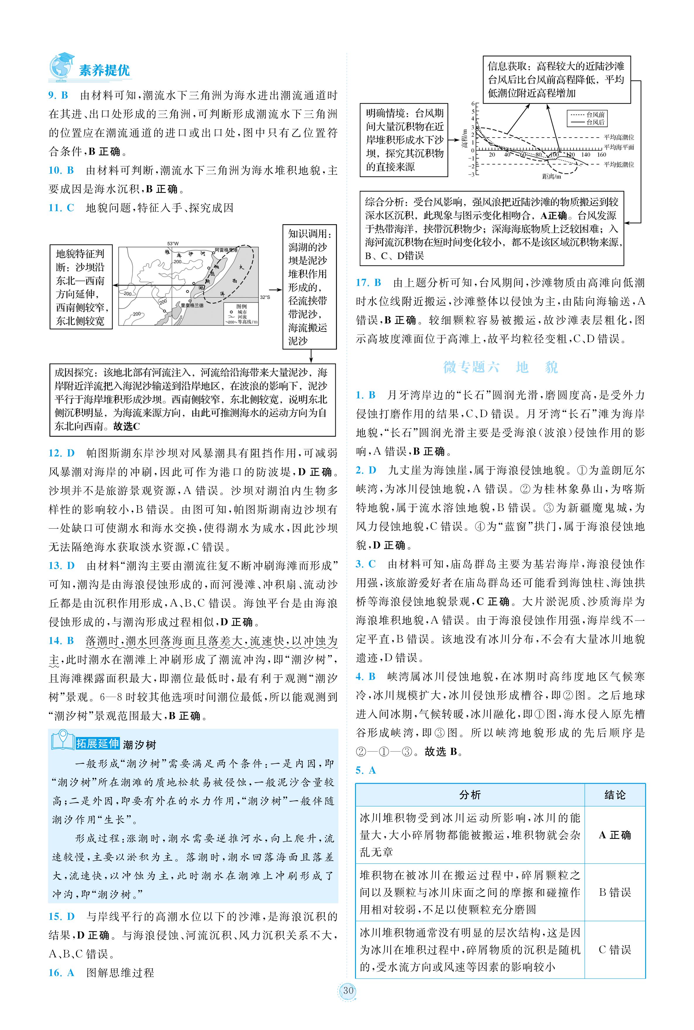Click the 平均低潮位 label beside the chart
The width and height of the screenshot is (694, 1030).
click(619, 164)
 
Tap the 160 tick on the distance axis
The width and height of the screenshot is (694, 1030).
click(602, 155)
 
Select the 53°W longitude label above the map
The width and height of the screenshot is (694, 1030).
click(173, 243)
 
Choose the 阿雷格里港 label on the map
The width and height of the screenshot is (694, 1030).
click(226, 250)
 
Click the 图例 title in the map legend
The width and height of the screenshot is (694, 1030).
click(241, 306)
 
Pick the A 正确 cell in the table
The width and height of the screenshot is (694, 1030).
click(615, 835)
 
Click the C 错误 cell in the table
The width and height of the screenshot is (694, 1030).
click(615, 950)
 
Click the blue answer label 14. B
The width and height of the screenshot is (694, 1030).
click(61, 641)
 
